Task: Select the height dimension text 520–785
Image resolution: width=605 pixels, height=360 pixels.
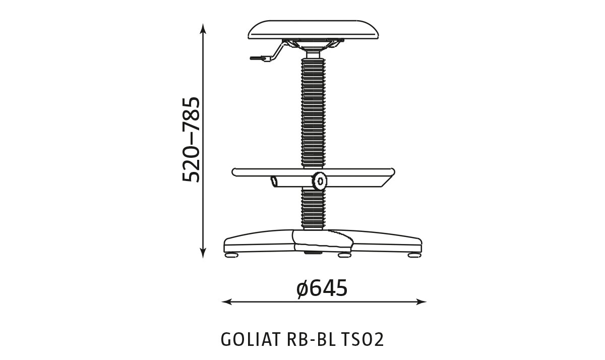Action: point(191,139)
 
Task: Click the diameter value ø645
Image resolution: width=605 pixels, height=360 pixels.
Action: point(322,288)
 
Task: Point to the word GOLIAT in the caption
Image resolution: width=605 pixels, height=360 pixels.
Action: point(250,340)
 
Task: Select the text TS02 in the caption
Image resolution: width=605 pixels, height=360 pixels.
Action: point(363,340)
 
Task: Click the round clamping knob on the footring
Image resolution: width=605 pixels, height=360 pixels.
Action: point(319,181)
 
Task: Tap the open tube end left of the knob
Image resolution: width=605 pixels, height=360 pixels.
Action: point(273,181)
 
